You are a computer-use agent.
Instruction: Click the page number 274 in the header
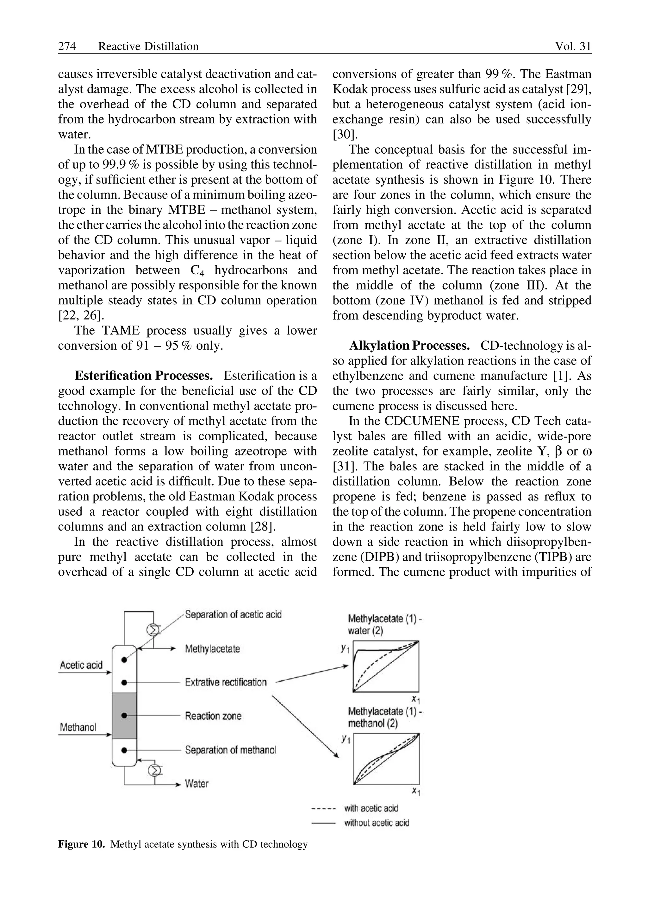67,47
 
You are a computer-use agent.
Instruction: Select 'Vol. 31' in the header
573,47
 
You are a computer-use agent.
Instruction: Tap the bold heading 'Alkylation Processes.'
409,346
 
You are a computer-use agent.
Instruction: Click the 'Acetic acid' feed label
81,665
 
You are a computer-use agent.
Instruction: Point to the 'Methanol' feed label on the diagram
78,727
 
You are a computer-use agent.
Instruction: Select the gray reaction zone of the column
124,716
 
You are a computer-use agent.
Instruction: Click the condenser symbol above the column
153,630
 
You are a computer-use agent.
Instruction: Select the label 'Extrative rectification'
226,682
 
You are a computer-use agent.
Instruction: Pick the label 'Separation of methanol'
230,750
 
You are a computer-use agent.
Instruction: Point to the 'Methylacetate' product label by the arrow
212,648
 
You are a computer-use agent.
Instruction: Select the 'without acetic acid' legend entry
376,823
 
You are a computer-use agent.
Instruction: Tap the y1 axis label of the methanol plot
345,740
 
